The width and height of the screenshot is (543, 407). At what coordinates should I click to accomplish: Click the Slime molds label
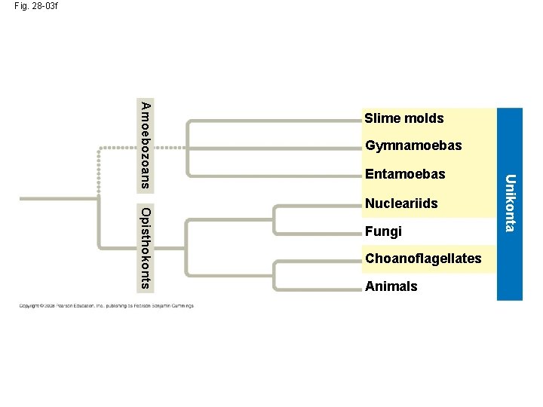pos(403,118)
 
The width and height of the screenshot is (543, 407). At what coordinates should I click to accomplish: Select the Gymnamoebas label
pos(413,145)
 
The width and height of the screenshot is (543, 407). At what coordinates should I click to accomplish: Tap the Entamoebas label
pos(405,174)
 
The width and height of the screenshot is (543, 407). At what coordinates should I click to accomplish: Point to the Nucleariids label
pos(401,203)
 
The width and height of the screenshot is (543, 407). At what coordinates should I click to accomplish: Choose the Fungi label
pos(383,231)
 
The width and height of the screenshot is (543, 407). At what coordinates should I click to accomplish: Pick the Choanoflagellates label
pos(423,259)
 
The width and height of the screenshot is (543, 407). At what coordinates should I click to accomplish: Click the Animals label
pos(391,286)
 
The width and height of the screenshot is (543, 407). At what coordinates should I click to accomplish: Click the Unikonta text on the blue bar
pos(511,203)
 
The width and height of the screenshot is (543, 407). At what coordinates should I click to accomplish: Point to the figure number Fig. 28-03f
pos(35,6)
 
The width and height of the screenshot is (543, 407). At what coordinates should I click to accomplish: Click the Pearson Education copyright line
pos(106,306)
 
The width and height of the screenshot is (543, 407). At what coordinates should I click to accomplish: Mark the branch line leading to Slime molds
pos(271,119)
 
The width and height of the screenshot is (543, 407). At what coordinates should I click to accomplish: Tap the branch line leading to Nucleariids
pos(317,204)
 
